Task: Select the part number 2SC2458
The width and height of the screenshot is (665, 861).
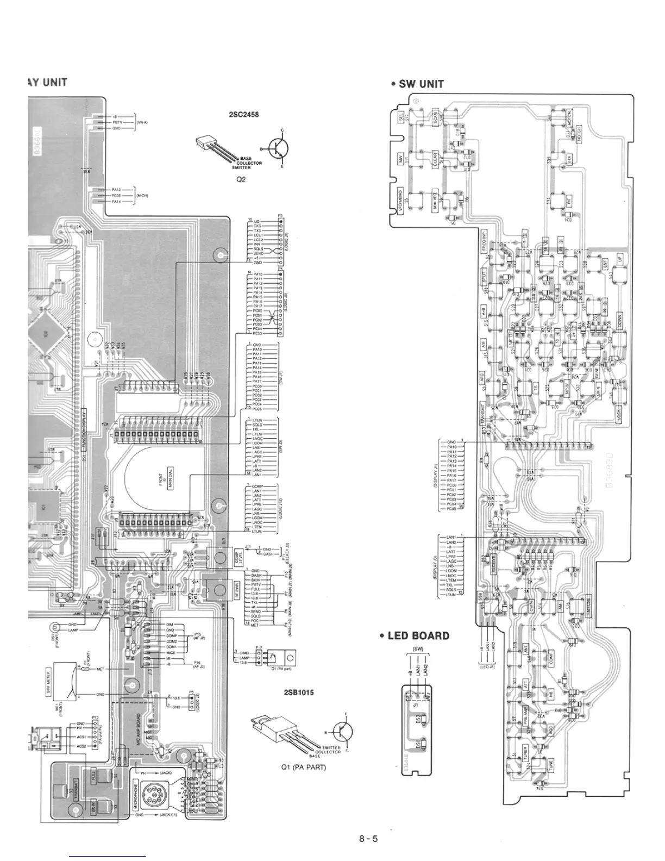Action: pyautogui.click(x=244, y=115)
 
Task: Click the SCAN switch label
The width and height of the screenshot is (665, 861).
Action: pyautogui.click(x=435, y=118)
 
